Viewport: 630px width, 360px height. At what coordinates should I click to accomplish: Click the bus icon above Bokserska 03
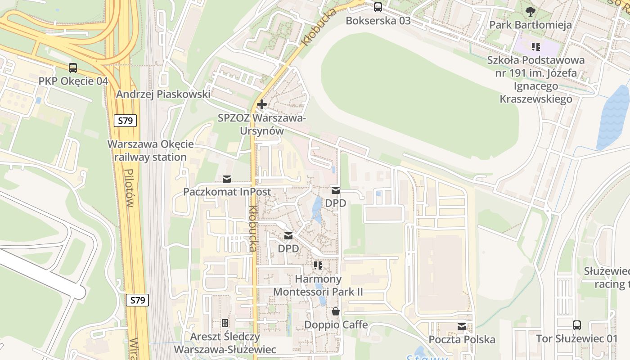378,7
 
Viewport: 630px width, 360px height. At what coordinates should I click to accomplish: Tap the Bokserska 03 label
378,21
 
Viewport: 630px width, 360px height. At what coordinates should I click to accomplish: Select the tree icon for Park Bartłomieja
531,11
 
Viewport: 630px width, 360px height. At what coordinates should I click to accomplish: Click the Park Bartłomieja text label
531,25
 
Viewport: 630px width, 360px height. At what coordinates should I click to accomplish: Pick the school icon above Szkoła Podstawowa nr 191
535,46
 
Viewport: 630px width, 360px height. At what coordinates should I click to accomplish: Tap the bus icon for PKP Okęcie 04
73,68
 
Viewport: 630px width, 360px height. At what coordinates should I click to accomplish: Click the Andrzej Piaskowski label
163,94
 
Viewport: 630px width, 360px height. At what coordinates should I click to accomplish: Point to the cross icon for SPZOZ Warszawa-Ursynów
261,105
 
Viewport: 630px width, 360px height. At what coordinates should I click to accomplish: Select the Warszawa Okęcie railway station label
150,151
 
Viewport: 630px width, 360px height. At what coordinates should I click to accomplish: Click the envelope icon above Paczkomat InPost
227,179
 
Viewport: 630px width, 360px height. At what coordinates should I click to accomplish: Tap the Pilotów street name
129,188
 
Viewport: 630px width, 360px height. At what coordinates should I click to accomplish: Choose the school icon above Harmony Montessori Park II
318,265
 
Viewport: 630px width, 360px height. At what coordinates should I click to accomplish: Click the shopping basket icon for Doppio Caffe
336,311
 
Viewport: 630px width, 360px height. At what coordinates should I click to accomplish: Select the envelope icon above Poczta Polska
462,327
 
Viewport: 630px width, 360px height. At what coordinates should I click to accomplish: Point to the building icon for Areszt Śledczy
225,323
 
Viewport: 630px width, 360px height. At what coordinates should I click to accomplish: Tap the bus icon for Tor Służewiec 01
577,325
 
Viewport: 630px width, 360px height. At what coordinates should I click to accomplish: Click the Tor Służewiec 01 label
577,338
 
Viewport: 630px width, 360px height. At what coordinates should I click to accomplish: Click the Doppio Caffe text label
336,325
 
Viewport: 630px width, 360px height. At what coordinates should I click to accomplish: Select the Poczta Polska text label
462,340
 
